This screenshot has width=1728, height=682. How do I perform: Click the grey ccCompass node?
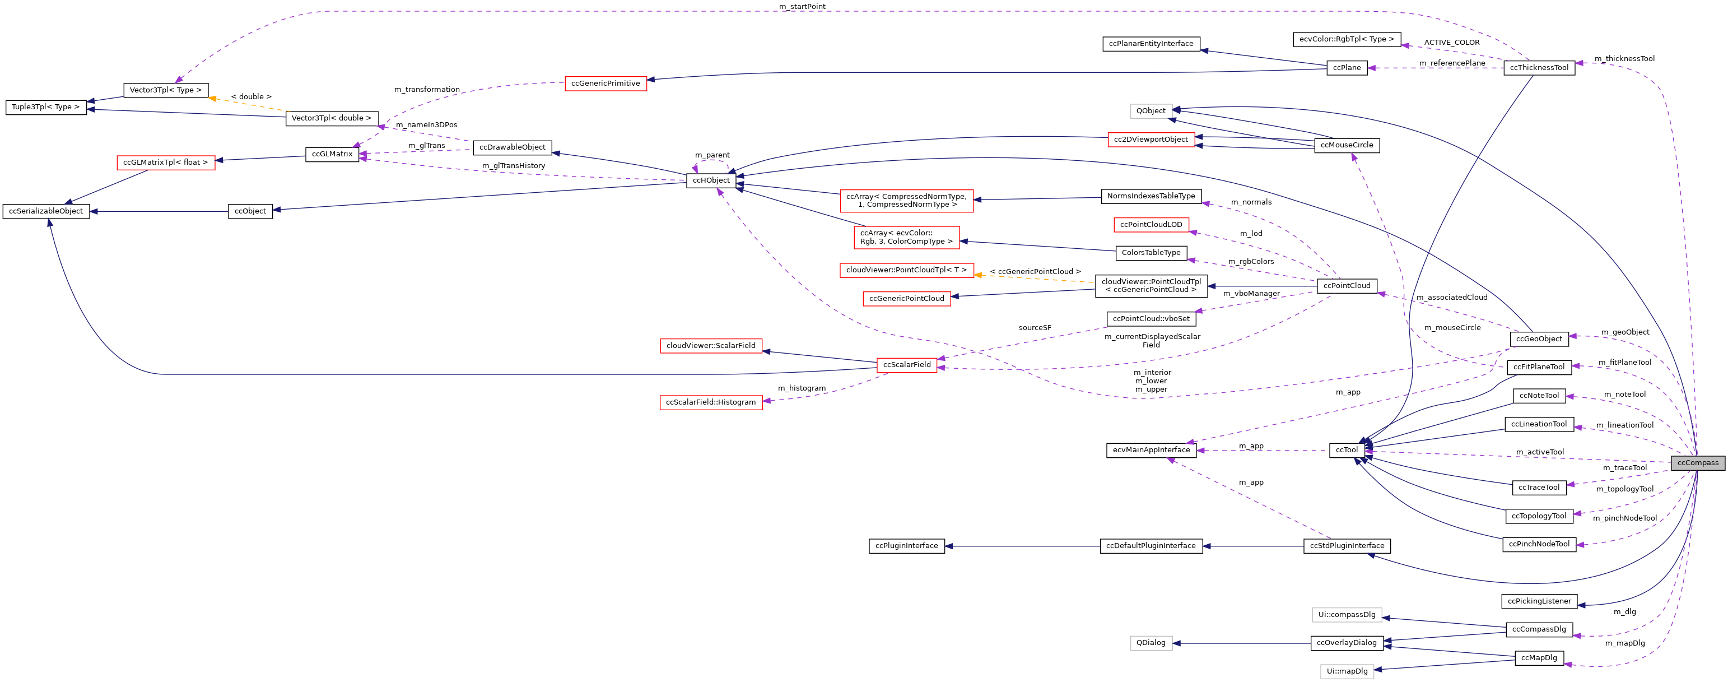click(x=1697, y=462)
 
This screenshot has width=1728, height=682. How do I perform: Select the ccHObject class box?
click(x=711, y=180)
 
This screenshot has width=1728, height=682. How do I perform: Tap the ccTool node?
click(x=1347, y=451)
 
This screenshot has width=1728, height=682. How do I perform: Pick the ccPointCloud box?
click(x=1347, y=286)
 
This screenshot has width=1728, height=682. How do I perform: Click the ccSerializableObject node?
click(x=45, y=211)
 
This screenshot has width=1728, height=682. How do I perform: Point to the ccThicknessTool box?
click(x=1539, y=68)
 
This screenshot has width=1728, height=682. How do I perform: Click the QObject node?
click(x=1151, y=112)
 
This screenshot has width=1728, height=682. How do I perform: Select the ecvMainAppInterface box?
click(x=1151, y=451)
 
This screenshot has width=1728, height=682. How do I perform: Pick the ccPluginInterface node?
click(x=906, y=546)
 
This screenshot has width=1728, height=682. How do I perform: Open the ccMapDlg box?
click(x=1539, y=658)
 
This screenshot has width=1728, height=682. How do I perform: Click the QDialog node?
click(x=1151, y=643)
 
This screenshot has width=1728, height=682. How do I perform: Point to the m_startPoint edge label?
click(x=802, y=7)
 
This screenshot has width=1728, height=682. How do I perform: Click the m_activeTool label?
click(x=1539, y=452)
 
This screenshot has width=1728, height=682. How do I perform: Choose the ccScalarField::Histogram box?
click(x=710, y=403)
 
